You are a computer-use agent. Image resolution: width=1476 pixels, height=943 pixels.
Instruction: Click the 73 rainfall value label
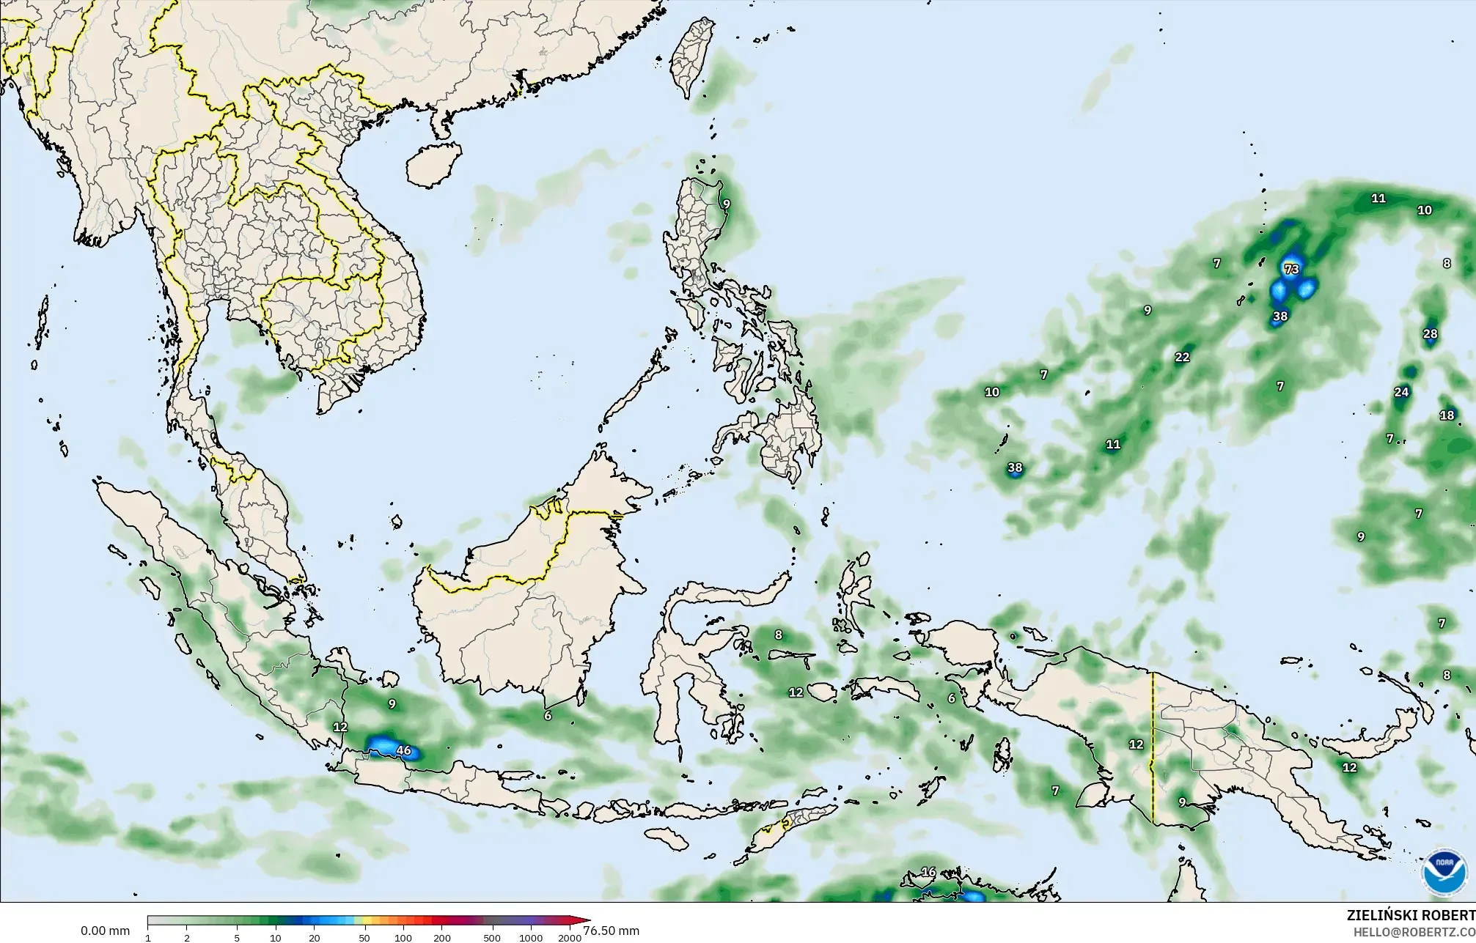[x=1291, y=269]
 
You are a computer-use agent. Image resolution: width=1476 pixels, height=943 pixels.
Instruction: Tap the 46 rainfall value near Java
[x=403, y=750]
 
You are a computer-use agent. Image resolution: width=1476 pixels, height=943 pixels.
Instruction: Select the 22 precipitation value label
[x=1182, y=358]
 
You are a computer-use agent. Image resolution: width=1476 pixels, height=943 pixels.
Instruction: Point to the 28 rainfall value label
[x=1430, y=334]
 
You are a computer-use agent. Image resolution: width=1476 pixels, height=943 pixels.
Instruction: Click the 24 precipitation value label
[x=1401, y=392]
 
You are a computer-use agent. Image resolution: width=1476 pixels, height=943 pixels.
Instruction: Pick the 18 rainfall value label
[x=1447, y=415]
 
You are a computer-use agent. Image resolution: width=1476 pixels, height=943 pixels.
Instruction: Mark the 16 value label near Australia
[x=928, y=872]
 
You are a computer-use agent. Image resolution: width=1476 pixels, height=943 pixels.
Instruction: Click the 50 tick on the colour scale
[x=364, y=937]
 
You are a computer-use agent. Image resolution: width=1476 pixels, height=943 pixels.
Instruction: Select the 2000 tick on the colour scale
[x=570, y=937]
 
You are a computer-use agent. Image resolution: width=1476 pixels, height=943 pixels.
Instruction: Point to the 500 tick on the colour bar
[x=492, y=937]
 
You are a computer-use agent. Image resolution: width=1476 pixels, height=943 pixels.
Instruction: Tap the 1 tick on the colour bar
[x=148, y=937]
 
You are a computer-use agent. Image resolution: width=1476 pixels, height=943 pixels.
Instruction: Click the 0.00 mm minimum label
[x=105, y=931]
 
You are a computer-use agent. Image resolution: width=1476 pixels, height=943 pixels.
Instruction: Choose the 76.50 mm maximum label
[x=612, y=931]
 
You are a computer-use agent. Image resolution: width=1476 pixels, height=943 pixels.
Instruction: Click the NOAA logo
[x=1444, y=873]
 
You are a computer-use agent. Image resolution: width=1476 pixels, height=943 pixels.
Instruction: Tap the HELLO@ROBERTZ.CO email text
[x=1414, y=932]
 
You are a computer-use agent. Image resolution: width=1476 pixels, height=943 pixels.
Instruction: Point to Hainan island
[x=433, y=163]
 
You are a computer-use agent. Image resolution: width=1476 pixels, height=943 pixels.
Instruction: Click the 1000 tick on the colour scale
[x=531, y=937]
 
